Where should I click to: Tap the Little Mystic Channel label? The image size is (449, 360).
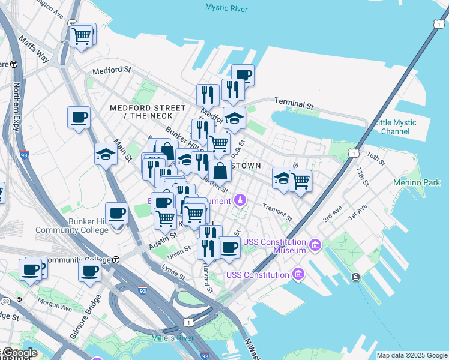(x=395, y=127)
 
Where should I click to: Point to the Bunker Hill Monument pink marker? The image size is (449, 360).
(x=241, y=199)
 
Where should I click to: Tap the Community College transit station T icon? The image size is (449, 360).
(x=116, y=260)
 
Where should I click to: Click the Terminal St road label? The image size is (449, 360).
(x=294, y=103)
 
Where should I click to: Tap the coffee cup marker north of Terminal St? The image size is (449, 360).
(x=243, y=75)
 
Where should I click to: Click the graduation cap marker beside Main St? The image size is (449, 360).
(x=106, y=155)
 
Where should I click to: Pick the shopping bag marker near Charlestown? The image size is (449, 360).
(x=220, y=170)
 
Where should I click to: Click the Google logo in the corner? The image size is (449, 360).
(x=20, y=353)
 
